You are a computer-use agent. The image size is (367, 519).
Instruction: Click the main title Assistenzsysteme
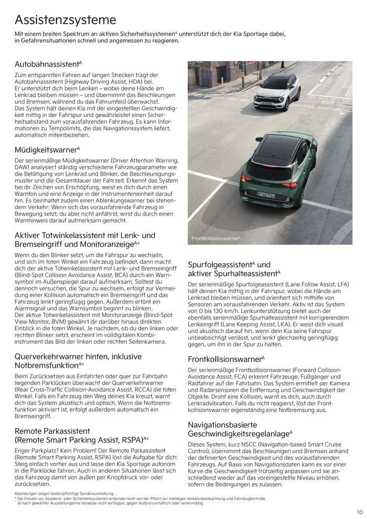click(65, 20)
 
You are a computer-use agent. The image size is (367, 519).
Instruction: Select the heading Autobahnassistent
click(47, 64)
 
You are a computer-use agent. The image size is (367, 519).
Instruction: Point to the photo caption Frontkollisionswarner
click(215, 239)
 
